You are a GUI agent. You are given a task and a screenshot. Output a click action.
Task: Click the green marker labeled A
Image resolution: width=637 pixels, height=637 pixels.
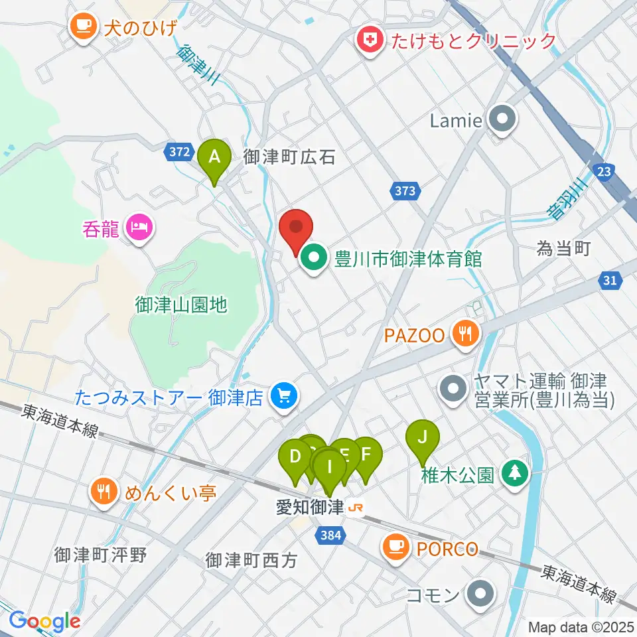214,158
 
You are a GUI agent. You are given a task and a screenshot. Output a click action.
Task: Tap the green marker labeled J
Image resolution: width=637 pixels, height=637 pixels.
423,437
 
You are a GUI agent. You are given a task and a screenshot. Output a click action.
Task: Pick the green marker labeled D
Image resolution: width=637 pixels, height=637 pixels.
295,457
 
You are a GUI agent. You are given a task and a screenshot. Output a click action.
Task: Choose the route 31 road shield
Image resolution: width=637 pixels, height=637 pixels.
610,281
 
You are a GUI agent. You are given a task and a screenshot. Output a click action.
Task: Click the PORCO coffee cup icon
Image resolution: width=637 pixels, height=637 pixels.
396,548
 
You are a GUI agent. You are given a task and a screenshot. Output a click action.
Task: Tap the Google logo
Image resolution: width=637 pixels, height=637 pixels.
44,620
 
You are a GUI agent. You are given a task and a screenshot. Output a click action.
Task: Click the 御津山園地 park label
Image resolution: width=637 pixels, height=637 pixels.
181,305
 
